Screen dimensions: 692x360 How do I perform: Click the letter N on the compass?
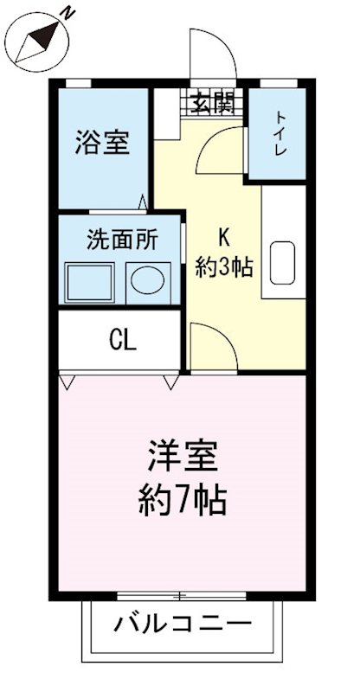tap(67, 13)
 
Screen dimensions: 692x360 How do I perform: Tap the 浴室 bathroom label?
tap(102, 142)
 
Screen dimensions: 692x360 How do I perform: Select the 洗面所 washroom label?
tap(122, 240)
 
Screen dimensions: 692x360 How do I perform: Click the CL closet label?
tap(122, 341)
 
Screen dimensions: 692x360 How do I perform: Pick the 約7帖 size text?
tap(182, 501)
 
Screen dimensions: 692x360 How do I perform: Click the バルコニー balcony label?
tap(183, 624)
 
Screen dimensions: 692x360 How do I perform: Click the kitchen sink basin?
tap(283, 263)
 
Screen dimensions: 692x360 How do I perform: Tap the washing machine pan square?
tap(92, 282)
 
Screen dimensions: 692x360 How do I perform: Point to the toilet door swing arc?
tap(216, 151)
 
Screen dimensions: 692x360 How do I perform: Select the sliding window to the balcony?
tap(182, 595)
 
